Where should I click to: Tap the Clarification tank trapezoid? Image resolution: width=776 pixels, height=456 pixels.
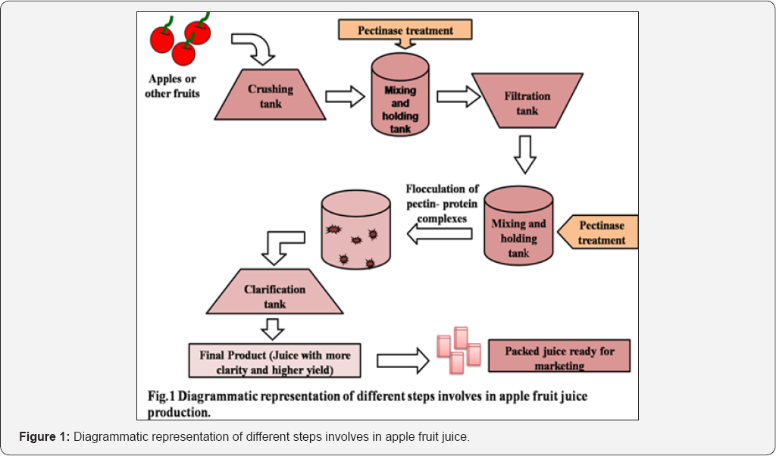click(275, 295)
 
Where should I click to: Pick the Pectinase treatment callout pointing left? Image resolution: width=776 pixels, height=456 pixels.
click(599, 232)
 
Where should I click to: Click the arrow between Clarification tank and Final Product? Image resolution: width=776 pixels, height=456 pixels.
click(271, 328)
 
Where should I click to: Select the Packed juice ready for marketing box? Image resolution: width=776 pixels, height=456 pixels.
click(559, 356)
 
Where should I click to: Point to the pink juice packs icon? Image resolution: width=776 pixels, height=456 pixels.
click(458, 351)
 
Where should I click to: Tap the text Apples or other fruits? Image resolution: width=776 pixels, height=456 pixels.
click(174, 86)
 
